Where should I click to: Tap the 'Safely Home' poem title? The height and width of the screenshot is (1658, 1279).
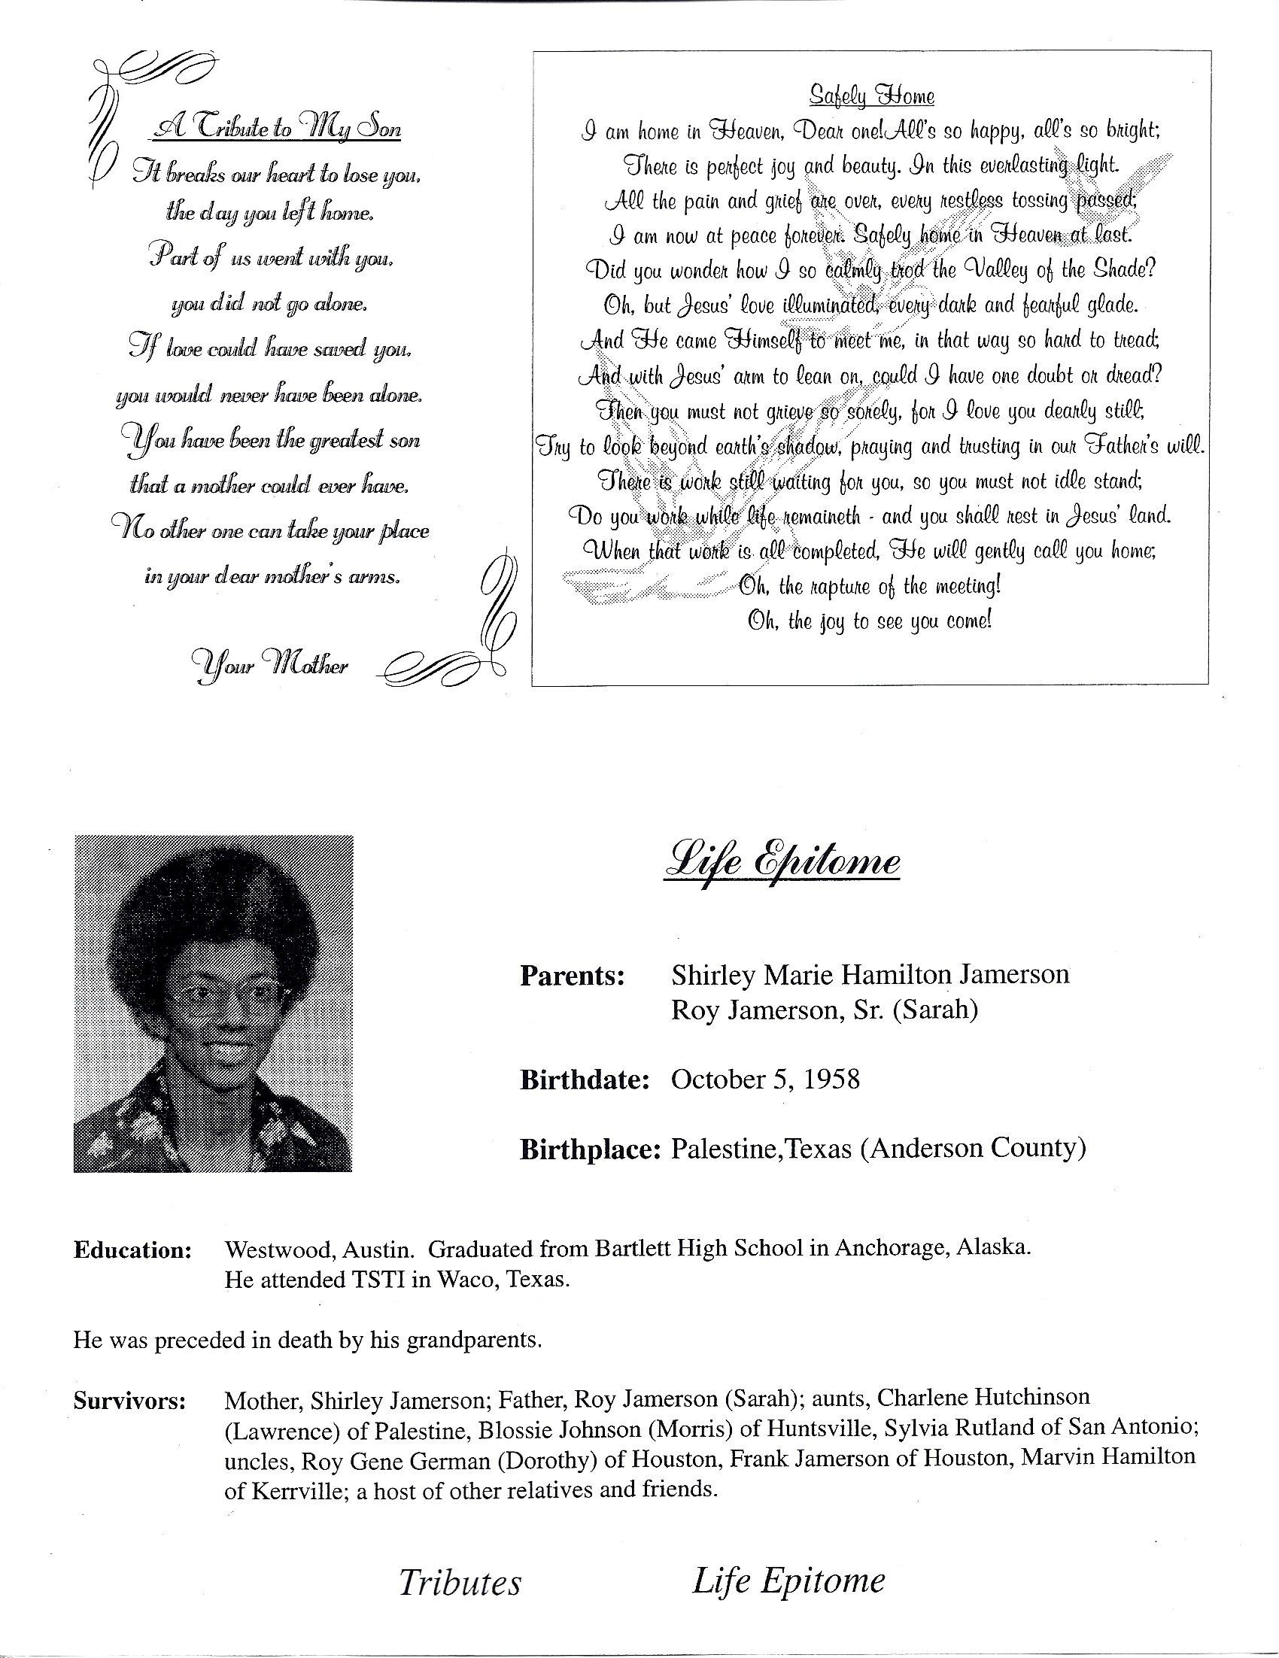870,96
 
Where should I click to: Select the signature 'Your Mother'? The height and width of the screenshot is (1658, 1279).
271,665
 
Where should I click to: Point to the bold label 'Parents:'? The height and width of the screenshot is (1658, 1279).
573,976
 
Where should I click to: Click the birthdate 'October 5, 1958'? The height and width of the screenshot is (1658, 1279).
765,1080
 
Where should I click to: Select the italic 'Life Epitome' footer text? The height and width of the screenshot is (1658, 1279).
788,1581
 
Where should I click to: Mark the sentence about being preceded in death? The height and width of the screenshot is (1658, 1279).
308,1340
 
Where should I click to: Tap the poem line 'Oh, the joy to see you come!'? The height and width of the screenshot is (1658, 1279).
870,621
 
